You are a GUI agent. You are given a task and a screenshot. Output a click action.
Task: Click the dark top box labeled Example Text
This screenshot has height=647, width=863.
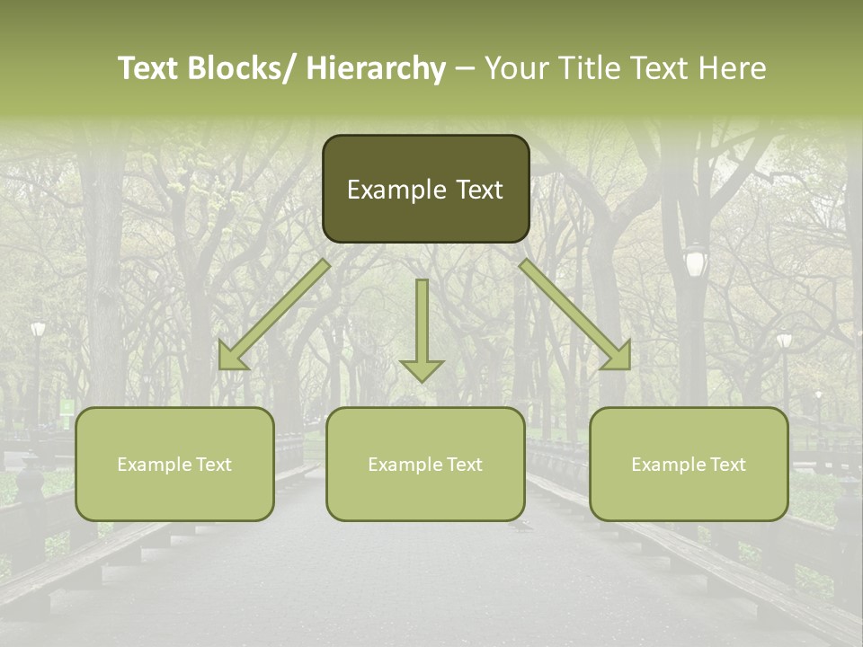(x=425, y=189)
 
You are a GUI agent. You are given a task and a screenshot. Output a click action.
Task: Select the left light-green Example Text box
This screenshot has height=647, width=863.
(x=174, y=464)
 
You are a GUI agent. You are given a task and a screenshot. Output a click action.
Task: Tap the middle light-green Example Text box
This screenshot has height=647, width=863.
(x=425, y=464)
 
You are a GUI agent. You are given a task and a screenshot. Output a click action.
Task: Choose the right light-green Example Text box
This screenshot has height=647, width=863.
(x=689, y=464)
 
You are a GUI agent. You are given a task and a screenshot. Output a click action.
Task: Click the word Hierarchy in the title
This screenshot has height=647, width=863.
(x=376, y=68)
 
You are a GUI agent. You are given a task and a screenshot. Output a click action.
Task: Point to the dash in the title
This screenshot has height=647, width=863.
(x=465, y=69)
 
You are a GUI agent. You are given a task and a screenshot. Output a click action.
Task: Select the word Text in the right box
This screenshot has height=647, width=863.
(x=728, y=464)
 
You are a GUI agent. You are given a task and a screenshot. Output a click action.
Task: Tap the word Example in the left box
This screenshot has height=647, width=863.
(x=155, y=465)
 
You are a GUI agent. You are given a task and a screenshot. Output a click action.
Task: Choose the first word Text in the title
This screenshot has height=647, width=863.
(x=147, y=68)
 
